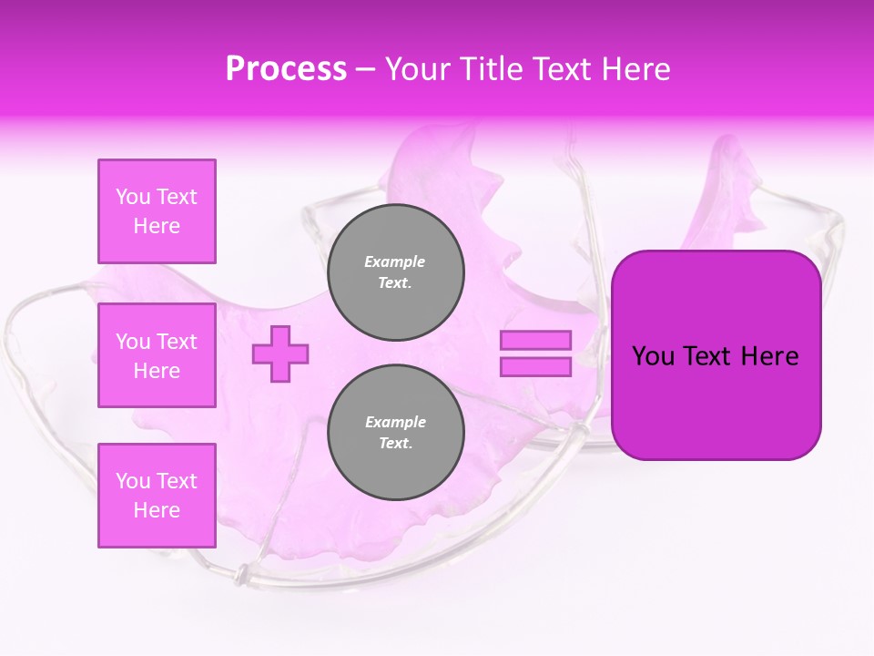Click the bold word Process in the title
pos(286,68)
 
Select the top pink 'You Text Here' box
pos(157,211)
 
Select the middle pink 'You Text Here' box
pos(157,355)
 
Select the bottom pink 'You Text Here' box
pos(157,496)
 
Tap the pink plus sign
pos(280,354)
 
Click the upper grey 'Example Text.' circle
pos(395,272)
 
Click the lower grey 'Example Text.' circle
pos(395,433)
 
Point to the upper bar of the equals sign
pos(535,340)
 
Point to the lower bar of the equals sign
pos(535,366)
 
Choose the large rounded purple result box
pos(716,355)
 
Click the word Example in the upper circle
pos(395,261)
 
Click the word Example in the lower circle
pos(395,422)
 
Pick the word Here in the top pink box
pos(157,226)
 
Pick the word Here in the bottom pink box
pos(157,510)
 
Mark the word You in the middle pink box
pos(132,342)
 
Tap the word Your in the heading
pos(417,68)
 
